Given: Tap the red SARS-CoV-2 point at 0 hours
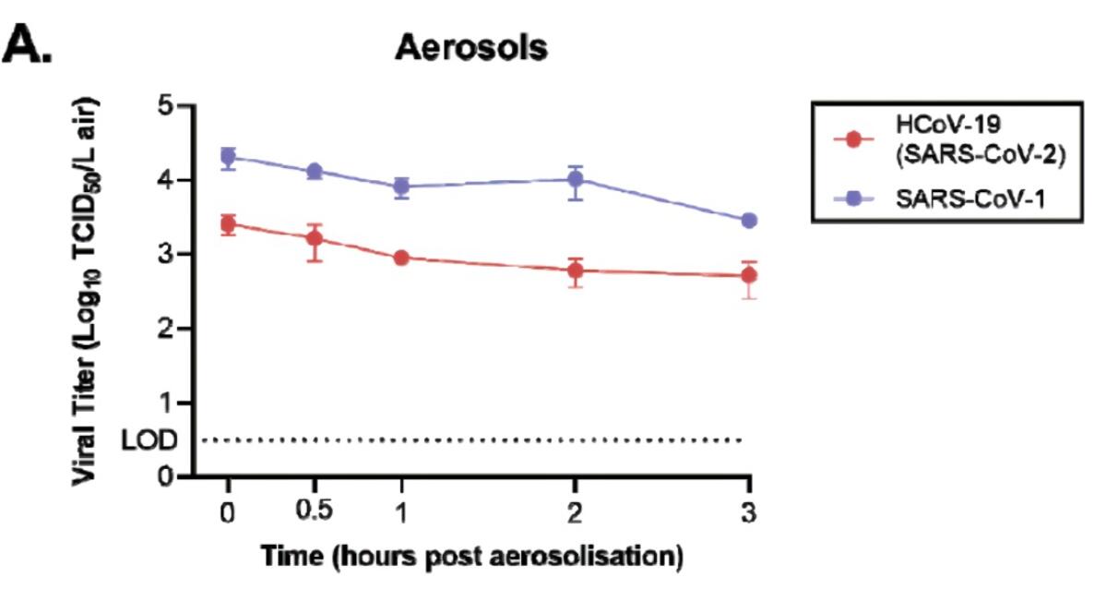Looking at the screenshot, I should (x=228, y=223).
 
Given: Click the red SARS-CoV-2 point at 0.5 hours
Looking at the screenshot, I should (x=315, y=238).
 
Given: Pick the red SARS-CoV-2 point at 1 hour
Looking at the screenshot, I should (x=401, y=258).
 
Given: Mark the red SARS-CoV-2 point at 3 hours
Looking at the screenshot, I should (x=749, y=274).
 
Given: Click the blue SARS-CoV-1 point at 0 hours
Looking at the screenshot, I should (x=228, y=157).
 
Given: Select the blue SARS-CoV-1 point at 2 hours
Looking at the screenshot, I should (x=576, y=179).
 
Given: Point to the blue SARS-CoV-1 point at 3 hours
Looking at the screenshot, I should (x=749, y=221).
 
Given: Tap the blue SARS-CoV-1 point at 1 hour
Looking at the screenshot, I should (x=401, y=186).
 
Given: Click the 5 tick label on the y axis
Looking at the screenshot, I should (x=166, y=105).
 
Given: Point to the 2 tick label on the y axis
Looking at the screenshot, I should (x=166, y=329).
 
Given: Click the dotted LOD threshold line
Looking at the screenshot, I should (x=480, y=440).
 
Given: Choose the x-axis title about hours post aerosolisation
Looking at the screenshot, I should (x=471, y=557).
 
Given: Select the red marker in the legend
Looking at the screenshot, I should (x=852, y=139).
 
